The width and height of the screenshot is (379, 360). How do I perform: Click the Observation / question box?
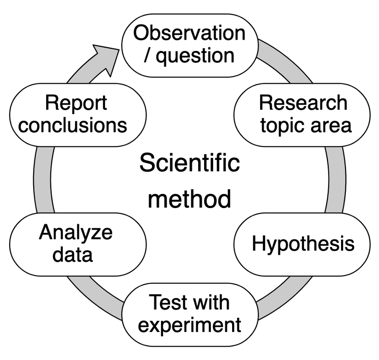point(189,45)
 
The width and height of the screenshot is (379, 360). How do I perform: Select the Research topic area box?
point(301,114)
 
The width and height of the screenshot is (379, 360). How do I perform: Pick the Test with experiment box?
point(189,314)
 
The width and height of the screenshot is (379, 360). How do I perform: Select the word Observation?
point(189,34)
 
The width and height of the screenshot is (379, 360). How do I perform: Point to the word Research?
point(303,103)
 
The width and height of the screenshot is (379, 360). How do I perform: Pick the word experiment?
point(189,325)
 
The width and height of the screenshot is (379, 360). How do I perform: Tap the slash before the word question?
point(148,56)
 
